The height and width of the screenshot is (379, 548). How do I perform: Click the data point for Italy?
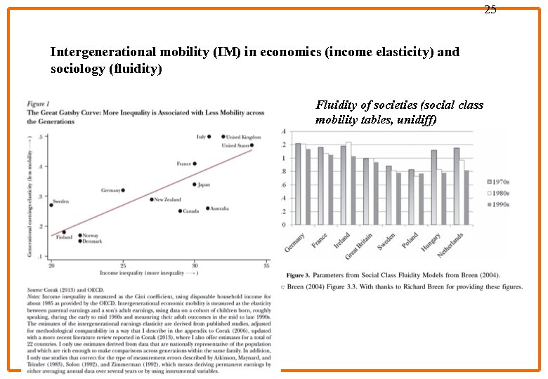pyautogui.click(x=209, y=137)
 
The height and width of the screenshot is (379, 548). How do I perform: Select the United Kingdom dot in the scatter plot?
pyautogui.click(x=223, y=137)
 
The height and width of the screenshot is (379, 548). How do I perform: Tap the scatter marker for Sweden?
pyautogui.click(x=51, y=205)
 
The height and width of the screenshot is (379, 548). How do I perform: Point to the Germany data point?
pyautogui.click(x=123, y=190)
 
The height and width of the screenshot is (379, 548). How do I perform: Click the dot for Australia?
pyautogui.click(x=207, y=208)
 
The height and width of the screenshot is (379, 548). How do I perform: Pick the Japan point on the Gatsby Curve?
pyautogui.click(x=195, y=185)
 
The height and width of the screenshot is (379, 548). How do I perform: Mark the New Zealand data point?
pyautogui.click(x=152, y=199)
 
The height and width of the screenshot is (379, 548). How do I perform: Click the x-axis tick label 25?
pyautogui.click(x=123, y=265)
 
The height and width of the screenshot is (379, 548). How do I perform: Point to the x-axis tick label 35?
pyautogui.click(x=266, y=265)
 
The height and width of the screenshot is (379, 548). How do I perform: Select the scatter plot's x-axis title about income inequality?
pyautogui.click(x=148, y=272)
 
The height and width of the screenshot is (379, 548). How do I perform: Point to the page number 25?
pyautogui.click(x=490, y=9)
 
